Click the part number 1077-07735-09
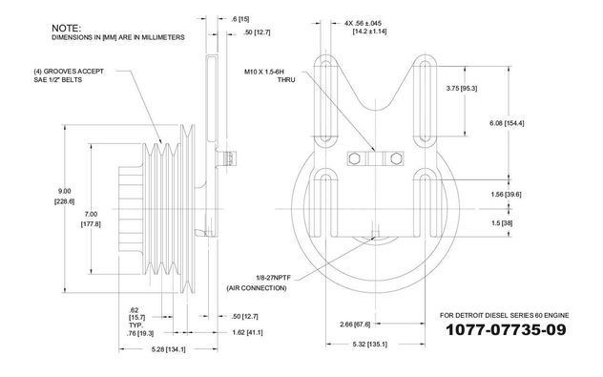point(506,329)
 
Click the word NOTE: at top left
point(66,28)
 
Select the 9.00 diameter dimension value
point(64,191)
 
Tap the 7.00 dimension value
point(91,215)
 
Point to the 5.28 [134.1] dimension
point(169,349)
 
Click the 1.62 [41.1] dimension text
point(248,332)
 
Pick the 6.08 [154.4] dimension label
point(507,123)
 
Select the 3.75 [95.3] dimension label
point(462,89)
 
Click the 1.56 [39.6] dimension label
point(506,195)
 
